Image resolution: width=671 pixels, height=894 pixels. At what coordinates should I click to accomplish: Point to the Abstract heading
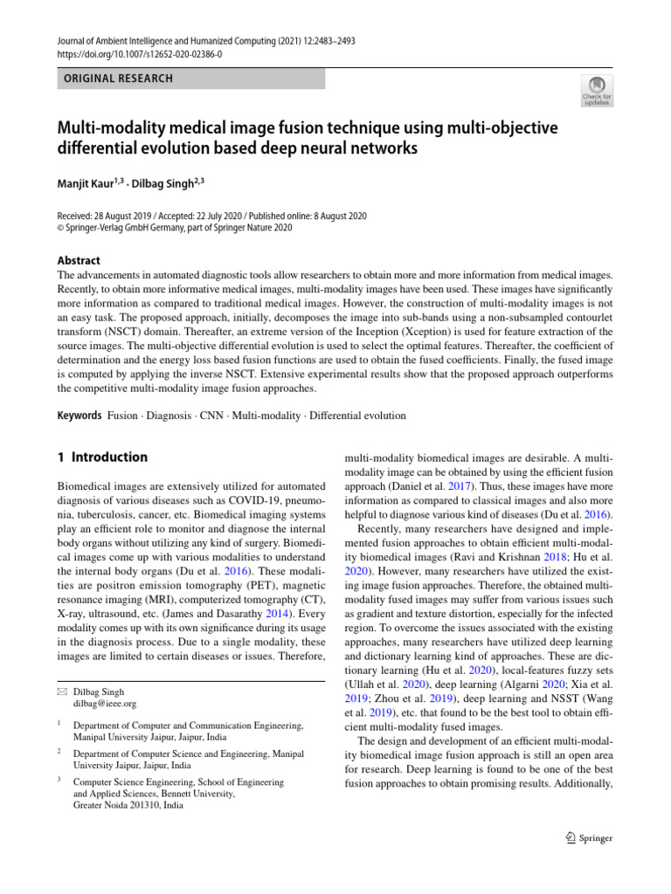[x=79, y=260]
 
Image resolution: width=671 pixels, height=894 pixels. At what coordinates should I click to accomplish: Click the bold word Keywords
[x=80, y=416]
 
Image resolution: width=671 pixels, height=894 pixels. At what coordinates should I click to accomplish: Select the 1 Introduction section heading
[x=102, y=457]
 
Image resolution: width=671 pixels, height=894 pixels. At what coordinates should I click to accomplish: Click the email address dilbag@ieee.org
[x=105, y=703]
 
